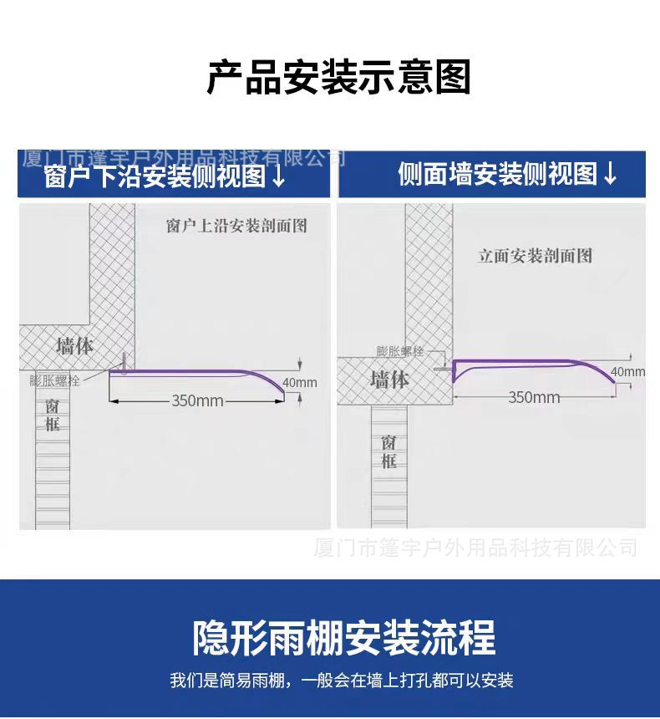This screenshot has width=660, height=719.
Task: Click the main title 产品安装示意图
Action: tap(338, 77)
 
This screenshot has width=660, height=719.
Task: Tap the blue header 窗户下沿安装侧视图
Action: tap(155, 176)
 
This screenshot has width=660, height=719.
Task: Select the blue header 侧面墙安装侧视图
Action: tap(498, 174)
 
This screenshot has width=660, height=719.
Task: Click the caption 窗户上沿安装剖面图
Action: tap(237, 226)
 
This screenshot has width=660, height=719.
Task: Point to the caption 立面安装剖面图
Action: tap(535, 256)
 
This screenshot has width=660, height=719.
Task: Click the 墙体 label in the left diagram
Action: tap(74, 345)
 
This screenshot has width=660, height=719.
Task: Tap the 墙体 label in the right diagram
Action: tap(389, 380)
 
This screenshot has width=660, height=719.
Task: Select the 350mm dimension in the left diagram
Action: tap(198, 400)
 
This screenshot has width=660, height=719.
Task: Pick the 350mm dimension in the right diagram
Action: tap(534, 397)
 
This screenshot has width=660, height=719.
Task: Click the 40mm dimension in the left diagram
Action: tap(300, 383)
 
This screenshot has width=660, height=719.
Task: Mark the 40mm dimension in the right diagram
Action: tap(627, 371)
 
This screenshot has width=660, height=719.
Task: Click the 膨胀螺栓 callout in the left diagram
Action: tap(54, 380)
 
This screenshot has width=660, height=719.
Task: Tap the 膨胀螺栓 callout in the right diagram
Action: tap(399, 351)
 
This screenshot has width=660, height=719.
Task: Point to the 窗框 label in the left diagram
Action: tap(53, 415)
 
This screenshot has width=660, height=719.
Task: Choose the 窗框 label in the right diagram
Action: tap(388, 451)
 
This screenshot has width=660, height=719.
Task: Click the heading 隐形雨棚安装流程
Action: tap(343, 637)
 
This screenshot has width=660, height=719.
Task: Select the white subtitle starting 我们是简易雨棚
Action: tap(342, 680)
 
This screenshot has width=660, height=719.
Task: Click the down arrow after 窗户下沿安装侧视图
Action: tap(279, 177)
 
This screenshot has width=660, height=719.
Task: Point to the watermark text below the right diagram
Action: tap(475, 548)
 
